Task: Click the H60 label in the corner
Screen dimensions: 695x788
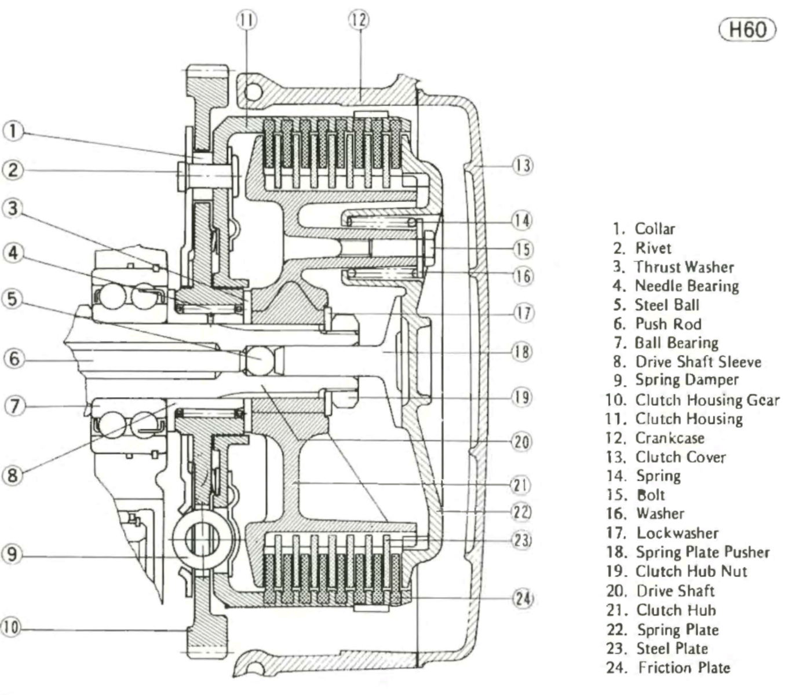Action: pyautogui.click(x=747, y=30)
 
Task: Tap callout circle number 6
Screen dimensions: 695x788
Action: pyautogui.click(x=13, y=359)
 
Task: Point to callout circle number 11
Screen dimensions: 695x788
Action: pyautogui.click(x=246, y=20)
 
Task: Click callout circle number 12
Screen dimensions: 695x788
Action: pyautogui.click(x=359, y=20)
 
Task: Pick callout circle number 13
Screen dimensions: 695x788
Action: pyautogui.click(x=522, y=165)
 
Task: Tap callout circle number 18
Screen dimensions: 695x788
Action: pyautogui.click(x=522, y=352)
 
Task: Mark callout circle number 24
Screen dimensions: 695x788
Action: pyautogui.click(x=522, y=598)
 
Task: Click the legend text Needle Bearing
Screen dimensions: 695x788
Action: pyautogui.click(x=687, y=286)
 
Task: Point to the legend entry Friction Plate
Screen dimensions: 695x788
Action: pyautogui.click(x=684, y=668)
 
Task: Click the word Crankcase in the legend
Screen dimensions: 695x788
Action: pyautogui.click(x=670, y=438)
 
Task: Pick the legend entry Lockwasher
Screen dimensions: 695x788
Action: pyautogui.click(x=669, y=533)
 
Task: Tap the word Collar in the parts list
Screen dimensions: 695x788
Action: pyautogui.click(x=655, y=229)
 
